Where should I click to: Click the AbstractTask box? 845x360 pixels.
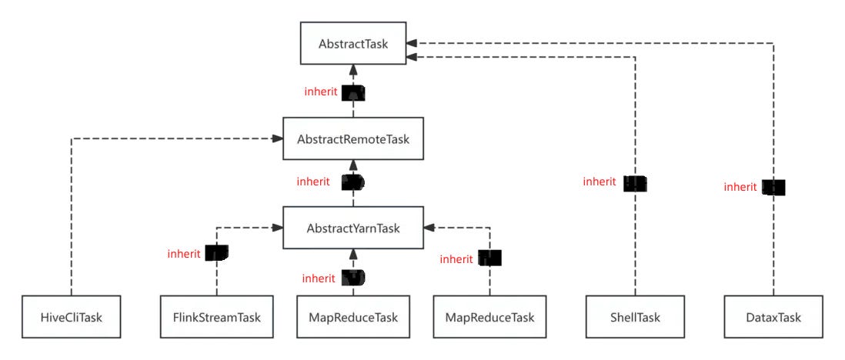[x=353, y=44]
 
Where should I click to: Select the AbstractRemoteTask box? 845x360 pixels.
[x=353, y=139]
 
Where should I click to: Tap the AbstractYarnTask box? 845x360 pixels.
[x=353, y=228]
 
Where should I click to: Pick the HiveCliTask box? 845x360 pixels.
[x=71, y=317]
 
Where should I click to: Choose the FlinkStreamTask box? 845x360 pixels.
[x=216, y=317]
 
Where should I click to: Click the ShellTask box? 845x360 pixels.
[x=635, y=317]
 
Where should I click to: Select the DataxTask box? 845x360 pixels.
[x=773, y=317]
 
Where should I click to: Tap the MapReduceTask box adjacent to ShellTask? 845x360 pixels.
[x=489, y=317]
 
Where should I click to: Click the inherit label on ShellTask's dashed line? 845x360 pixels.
[x=600, y=182]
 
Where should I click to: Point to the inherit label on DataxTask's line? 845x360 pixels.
[x=740, y=187]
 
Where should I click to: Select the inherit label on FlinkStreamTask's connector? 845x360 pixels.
[x=184, y=253]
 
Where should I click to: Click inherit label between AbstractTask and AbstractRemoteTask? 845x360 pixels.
[x=321, y=92]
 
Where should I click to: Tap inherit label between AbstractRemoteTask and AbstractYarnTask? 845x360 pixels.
[x=313, y=182]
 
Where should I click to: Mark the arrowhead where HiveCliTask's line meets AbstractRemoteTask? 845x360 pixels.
[x=276, y=138]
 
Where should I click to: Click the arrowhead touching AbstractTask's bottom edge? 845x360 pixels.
[x=353, y=70]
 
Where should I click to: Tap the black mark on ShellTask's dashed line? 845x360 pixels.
[x=636, y=183]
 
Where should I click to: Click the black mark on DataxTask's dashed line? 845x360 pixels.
[x=773, y=187]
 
